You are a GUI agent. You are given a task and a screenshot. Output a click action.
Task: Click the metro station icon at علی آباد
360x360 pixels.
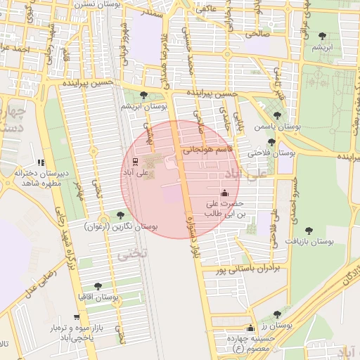(136, 161)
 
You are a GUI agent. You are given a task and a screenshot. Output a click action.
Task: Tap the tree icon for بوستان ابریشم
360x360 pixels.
(144, 95)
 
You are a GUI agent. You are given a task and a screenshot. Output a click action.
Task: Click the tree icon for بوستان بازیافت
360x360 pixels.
(308, 230)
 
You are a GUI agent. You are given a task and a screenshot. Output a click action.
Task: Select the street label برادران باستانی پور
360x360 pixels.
(247, 269)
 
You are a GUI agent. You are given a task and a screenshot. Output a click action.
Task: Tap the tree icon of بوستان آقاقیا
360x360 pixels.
(97, 285)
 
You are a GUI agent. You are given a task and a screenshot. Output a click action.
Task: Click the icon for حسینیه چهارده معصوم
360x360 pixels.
(250, 328)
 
